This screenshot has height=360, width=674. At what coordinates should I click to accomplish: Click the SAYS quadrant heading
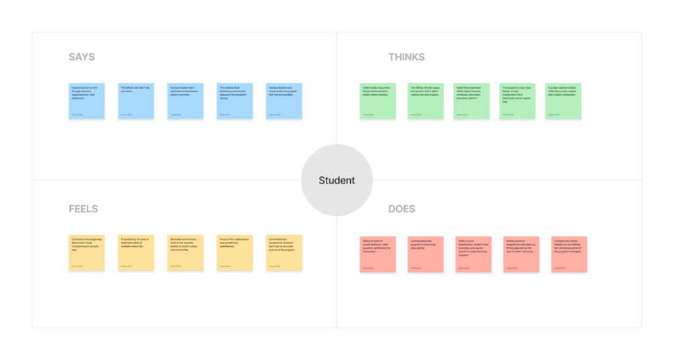click(82, 57)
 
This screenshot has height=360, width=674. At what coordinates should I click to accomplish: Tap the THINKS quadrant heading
click(406, 57)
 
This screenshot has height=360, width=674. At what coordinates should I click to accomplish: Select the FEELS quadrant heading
click(83, 209)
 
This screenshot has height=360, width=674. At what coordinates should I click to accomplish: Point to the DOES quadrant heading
click(402, 209)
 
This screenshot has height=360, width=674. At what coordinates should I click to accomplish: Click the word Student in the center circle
click(337, 180)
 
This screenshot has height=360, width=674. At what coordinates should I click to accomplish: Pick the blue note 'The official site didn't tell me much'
click(136, 101)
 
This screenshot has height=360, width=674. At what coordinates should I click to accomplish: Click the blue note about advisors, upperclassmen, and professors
click(87, 101)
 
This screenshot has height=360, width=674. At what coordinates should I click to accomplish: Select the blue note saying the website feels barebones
click(235, 101)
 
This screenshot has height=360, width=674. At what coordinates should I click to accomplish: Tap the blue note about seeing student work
click(284, 101)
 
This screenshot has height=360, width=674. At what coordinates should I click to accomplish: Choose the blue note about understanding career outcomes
click(186, 101)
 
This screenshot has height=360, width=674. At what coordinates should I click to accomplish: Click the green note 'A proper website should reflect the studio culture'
click(563, 101)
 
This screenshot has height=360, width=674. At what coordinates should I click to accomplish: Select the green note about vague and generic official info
click(425, 101)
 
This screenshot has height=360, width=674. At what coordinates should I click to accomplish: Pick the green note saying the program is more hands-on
click(517, 101)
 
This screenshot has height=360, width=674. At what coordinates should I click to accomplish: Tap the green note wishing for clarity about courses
click(471, 101)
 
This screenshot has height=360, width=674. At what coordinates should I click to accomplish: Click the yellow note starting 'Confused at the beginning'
click(87, 253)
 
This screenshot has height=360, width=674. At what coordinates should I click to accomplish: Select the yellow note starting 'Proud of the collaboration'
click(235, 253)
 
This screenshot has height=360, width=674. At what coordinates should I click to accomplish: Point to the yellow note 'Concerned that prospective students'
click(284, 253)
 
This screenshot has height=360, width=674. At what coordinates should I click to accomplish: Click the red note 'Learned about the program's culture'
click(425, 254)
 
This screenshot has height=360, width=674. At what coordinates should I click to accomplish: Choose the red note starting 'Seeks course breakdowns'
click(473, 254)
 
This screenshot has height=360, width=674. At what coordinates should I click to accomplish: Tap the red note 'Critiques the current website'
click(569, 254)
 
